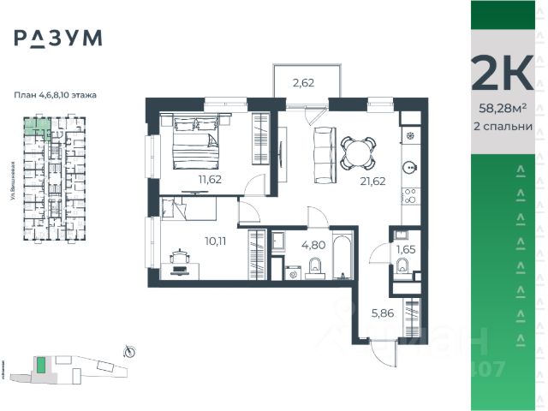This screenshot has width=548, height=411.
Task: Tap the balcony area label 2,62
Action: tap(304, 83)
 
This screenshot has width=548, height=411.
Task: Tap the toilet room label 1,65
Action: tap(406, 249)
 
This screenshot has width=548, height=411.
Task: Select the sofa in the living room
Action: tap(324, 154)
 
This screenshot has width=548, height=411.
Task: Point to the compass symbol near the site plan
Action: tap(129, 349)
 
